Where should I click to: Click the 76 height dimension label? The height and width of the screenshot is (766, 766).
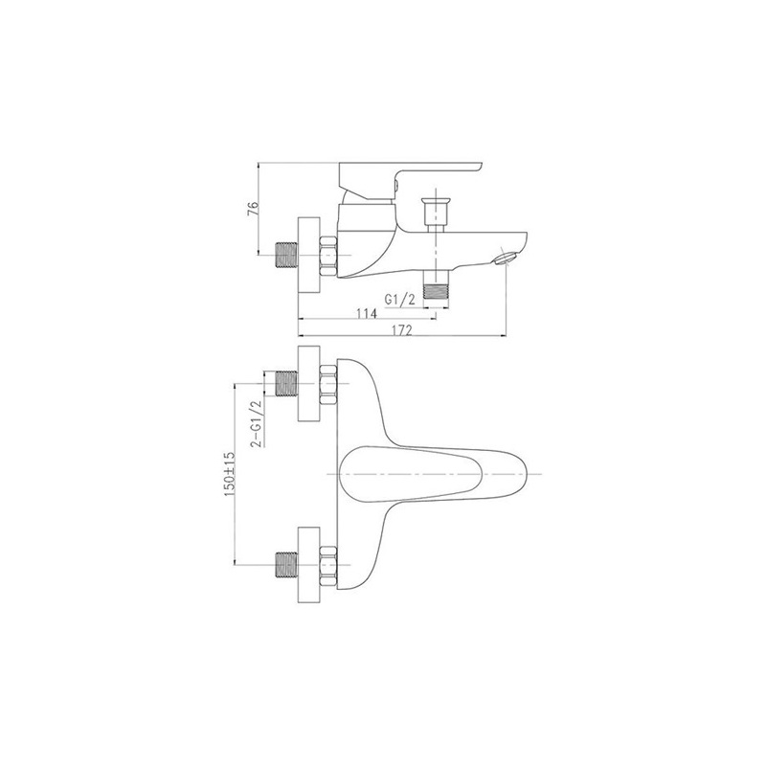tap(253, 209)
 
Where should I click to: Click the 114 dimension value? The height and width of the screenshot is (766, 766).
tap(367, 313)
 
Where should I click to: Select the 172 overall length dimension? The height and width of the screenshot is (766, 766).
tap(402, 330)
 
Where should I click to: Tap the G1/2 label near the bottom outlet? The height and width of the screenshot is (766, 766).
tap(399, 300)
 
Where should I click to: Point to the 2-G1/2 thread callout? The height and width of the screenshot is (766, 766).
tap(256, 423)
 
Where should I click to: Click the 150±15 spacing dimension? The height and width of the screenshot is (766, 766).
tap(230, 474)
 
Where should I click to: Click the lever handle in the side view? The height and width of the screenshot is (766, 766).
tap(412, 180)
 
